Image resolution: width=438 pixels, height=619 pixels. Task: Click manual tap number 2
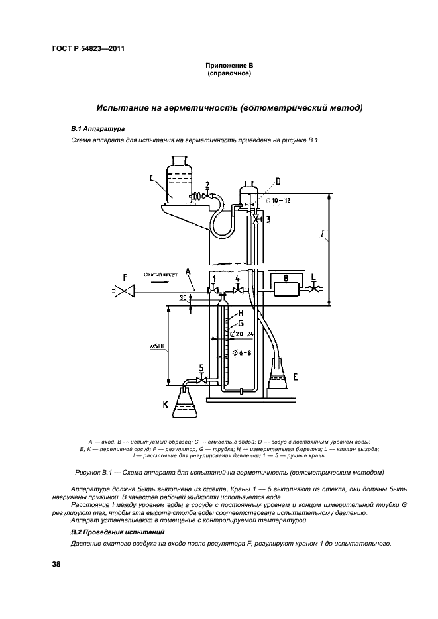click(209, 196)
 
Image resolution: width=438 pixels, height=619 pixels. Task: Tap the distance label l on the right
click(340, 254)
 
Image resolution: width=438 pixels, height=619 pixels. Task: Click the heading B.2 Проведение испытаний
click(117, 532)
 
